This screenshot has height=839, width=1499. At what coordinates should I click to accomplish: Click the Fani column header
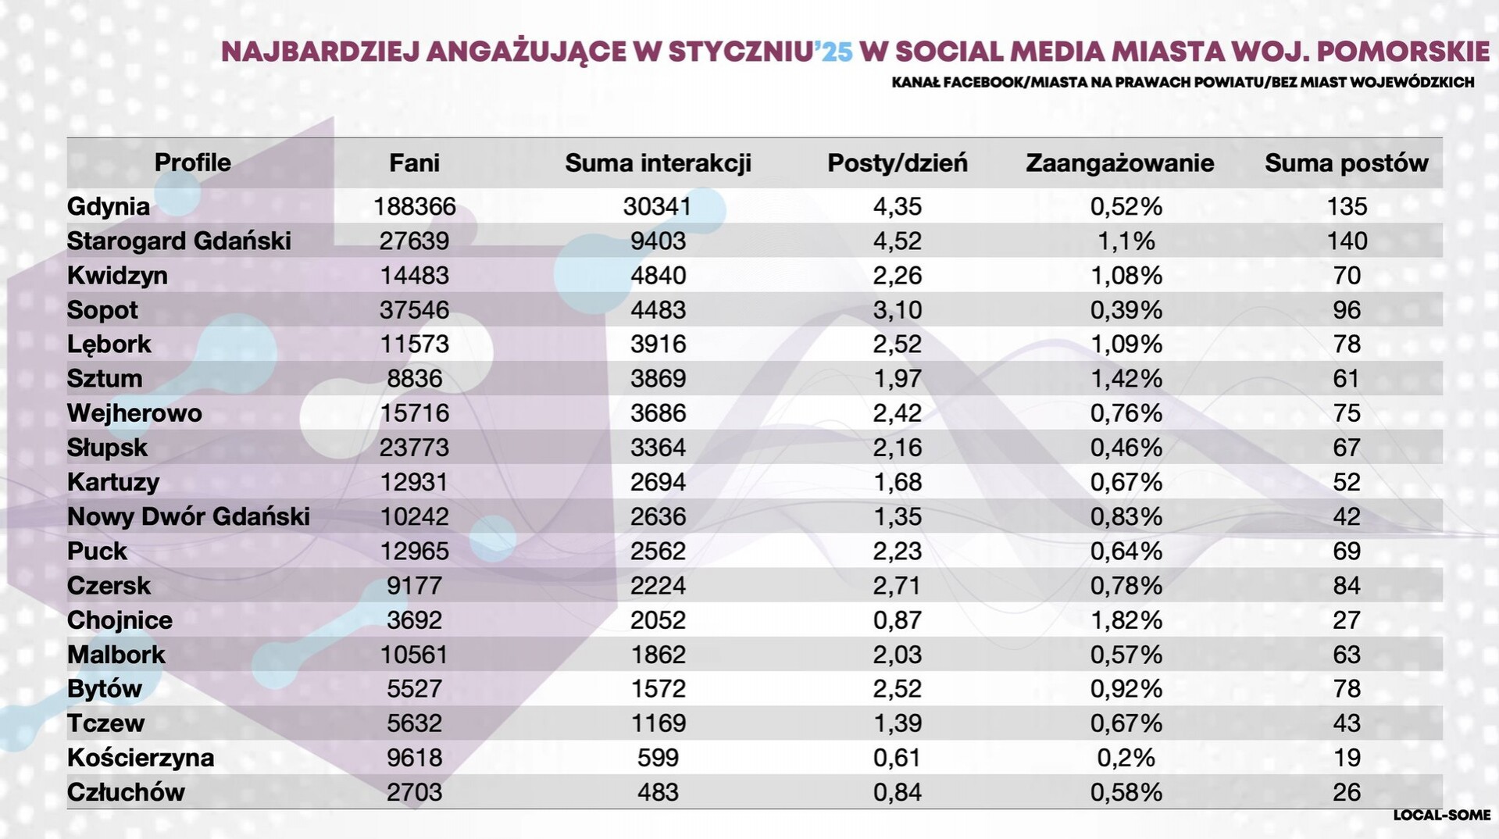pos(414,162)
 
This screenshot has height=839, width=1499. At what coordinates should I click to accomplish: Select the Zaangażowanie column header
pos(1119,162)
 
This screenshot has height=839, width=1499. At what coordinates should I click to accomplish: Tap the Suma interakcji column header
pos(658,162)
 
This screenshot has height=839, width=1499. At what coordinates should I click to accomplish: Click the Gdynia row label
pos(109,206)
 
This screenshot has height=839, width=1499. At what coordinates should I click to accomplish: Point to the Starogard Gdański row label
pos(179,241)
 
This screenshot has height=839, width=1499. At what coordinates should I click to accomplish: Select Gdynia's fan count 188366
pos(414,206)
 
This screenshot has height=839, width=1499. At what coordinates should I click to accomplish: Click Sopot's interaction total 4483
pos(658,310)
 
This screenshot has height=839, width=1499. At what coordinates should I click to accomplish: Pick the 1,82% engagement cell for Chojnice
pos(1126,620)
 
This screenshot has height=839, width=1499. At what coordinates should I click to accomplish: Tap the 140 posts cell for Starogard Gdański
pos(1347,241)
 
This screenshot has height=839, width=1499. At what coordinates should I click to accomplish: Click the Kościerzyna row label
pos(141,758)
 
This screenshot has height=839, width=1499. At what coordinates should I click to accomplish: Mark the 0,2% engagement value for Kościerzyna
pos(1126,758)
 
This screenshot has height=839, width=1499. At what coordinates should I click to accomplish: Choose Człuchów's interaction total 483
pos(658,792)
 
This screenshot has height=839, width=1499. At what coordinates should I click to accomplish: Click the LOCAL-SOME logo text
pos(1441,816)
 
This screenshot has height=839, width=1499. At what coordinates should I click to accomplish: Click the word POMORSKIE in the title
pos(1403,52)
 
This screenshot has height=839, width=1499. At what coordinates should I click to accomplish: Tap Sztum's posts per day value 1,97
pos(897,379)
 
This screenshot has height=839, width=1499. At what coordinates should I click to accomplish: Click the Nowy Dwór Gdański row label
pos(188,516)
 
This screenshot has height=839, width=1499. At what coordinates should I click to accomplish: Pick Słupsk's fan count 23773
pos(414,448)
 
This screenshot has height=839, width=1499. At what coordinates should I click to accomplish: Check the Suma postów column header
pos(1346,162)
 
